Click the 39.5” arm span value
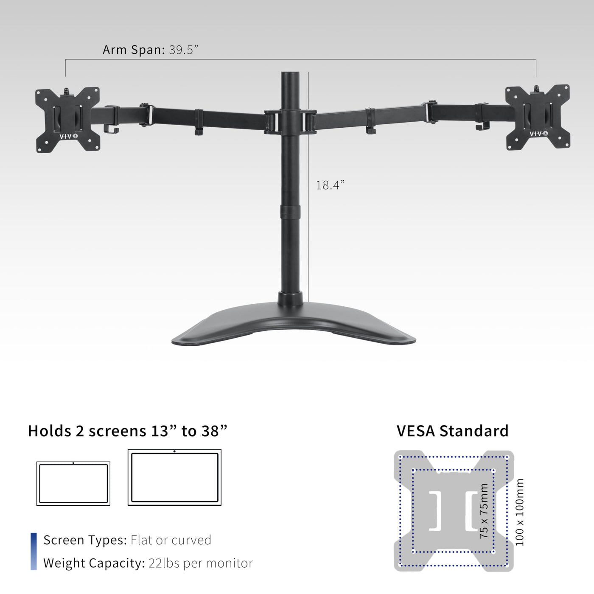pyautogui.click(x=183, y=50)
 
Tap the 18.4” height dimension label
pyautogui.click(x=330, y=185)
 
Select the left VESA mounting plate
pyautogui.click(x=67, y=120)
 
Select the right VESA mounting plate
pyautogui.click(x=538, y=117)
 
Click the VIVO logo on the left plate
pyautogui.click(x=68, y=136)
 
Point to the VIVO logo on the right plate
pyautogui.click(x=538, y=134)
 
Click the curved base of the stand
pyautogui.click(x=294, y=324)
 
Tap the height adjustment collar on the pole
pyautogui.click(x=290, y=211)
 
